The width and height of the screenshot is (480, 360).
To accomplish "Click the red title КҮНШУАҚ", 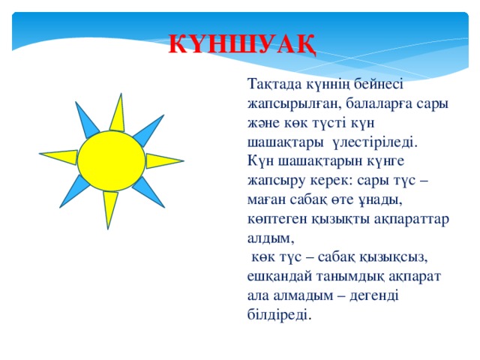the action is [x=242, y=45].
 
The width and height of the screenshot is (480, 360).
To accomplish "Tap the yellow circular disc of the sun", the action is [x=111, y=161].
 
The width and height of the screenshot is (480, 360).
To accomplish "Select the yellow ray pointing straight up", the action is [x=118, y=114].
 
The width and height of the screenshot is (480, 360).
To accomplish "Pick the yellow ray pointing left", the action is [x=59, y=157].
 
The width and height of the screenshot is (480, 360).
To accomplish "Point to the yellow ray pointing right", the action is [x=163, y=161].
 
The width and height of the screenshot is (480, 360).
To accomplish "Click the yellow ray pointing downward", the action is [x=110, y=209].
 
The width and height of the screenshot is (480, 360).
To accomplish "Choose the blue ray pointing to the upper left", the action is [x=87, y=120].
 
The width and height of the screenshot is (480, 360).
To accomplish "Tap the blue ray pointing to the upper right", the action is [x=148, y=131].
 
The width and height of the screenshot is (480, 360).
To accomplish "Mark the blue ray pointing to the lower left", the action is [x=74, y=191].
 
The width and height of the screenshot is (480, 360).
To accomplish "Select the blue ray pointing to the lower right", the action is [x=148, y=192].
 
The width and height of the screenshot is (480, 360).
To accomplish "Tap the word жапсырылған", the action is [x=295, y=104].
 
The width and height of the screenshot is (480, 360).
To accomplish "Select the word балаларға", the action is [x=379, y=104].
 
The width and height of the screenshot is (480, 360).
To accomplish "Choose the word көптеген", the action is [x=277, y=219].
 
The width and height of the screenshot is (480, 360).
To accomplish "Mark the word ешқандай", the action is [x=279, y=277].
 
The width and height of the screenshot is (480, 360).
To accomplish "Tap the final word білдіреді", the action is [x=279, y=315].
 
